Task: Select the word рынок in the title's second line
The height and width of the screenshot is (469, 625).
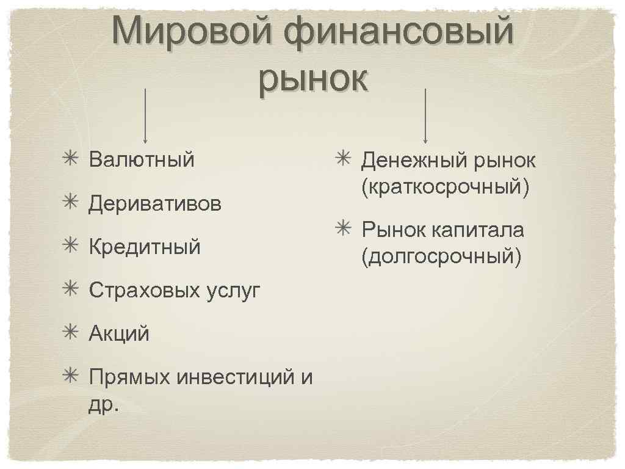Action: [313, 79]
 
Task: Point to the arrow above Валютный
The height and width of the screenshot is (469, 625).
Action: [145, 115]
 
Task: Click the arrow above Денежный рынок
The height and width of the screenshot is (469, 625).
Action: [425, 115]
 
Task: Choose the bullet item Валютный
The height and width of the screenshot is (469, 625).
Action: [142, 160]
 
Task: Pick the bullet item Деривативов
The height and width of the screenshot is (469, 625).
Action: [155, 203]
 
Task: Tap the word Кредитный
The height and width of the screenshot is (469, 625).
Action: [145, 247]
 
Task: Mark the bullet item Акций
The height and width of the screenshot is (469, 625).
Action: [119, 334]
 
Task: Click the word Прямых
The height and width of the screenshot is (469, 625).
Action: [129, 377]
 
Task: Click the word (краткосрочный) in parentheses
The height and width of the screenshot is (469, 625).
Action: [445, 187]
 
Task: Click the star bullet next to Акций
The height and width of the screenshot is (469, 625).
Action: [68, 333]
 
